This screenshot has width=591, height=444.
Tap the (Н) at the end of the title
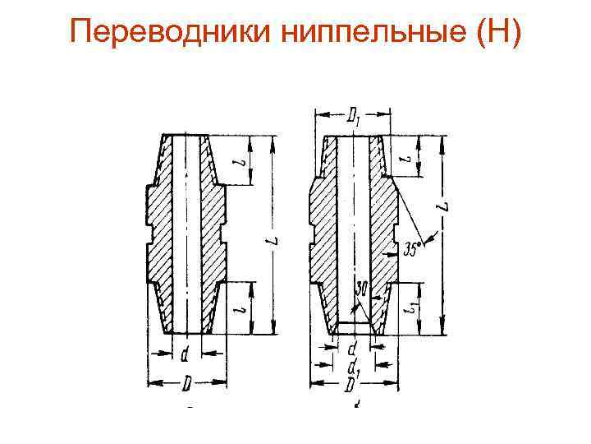492,35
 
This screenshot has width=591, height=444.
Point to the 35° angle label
416,246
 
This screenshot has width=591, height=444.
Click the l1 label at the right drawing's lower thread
411,308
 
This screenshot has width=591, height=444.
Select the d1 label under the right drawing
354,366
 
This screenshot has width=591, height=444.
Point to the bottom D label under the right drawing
352,384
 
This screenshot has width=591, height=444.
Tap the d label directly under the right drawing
353,349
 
